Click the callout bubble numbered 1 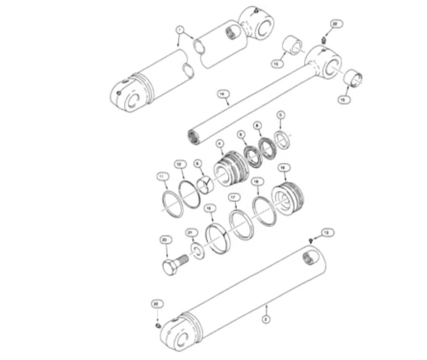[x=180, y=30]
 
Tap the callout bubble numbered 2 [x=265, y=319]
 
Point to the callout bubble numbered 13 [x=326, y=232]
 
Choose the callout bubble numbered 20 [x=164, y=239]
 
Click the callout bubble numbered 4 [x=219, y=142]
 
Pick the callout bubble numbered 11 [x=161, y=177]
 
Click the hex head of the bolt [x=171, y=267]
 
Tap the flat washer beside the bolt [x=197, y=251]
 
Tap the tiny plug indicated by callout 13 [x=311, y=240]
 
